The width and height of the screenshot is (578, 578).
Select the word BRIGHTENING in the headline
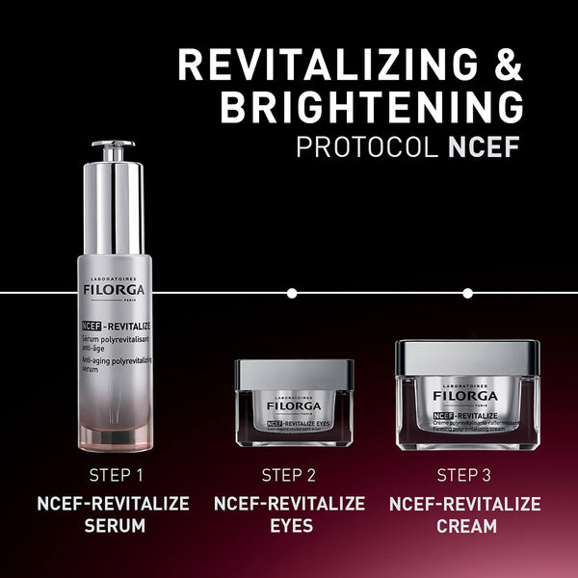[372, 108]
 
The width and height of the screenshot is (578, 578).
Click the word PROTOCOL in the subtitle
[361, 148]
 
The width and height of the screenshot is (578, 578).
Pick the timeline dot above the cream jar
[467, 292]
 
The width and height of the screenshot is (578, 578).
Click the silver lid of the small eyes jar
[294, 374]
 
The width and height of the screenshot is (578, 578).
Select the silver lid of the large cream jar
[466, 359]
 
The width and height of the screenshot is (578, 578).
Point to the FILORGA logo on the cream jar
[466, 396]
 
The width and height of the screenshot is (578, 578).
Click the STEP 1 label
[116, 475]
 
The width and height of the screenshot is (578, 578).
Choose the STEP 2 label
[289, 475]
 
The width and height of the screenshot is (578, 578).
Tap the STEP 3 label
[465, 475]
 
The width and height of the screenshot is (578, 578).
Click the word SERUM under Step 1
[116, 527]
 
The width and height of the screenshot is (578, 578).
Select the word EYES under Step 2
[289, 527]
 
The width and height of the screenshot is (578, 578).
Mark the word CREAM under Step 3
[465, 527]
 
